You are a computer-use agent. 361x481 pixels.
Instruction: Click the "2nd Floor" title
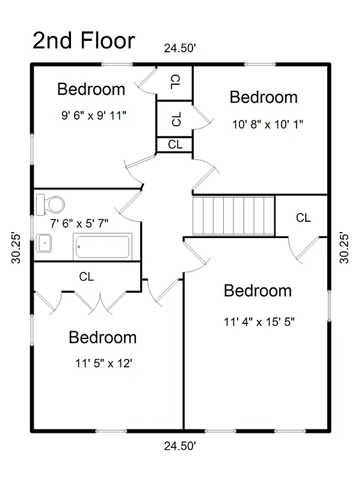(x=84, y=40)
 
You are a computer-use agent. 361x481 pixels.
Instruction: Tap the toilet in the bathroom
(x=51, y=204)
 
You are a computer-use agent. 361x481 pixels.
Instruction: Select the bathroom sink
(x=44, y=244)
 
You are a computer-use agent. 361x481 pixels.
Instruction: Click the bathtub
(x=102, y=247)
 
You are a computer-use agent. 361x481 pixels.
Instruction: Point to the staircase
(x=233, y=216)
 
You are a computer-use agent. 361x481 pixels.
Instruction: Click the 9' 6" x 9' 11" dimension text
(x=94, y=115)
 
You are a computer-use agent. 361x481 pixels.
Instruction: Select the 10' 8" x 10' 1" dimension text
(x=267, y=124)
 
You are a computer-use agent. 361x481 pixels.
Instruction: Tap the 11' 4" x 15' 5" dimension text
(x=259, y=322)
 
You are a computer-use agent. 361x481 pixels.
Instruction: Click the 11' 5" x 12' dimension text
(x=103, y=364)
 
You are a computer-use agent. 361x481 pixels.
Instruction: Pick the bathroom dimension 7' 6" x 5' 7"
(x=79, y=224)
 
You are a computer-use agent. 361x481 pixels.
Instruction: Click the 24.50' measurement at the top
(x=180, y=48)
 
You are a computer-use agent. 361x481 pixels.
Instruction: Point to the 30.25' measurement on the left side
(x=16, y=248)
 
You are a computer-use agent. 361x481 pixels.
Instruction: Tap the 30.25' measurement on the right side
(x=344, y=248)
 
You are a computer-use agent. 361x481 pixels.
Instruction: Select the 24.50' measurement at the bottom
(x=180, y=446)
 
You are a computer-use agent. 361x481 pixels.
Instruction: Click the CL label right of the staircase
(x=303, y=218)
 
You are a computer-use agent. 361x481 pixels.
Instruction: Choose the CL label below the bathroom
(x=86, y=277)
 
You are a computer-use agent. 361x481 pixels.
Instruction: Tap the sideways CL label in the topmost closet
(x=175, y=82)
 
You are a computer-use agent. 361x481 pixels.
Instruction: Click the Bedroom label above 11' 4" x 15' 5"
(x=258, y=291)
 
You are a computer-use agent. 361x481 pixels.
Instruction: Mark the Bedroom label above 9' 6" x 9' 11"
(x=91, y=89)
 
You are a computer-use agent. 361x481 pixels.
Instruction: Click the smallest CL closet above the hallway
(x=174, y=144)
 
